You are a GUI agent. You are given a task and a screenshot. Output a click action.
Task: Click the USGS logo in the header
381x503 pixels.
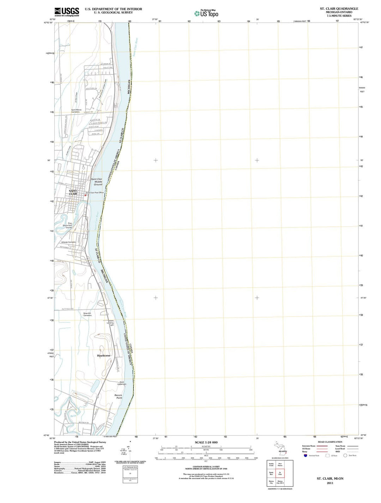click(x=67, y=12)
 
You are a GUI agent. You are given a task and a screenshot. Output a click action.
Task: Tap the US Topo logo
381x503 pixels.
click(x=206, y=13)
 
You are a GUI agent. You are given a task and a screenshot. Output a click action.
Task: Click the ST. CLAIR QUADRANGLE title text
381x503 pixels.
click(x=339, y=8)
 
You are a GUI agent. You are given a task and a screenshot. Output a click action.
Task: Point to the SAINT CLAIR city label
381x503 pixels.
click(x=73, y=192)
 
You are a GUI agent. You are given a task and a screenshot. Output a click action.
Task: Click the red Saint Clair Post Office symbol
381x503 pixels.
click(x=85, y=195)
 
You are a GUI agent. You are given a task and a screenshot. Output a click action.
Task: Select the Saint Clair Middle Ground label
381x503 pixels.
click(x=97, y=182)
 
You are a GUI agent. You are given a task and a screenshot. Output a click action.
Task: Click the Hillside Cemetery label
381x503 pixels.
click(x=68, y=242)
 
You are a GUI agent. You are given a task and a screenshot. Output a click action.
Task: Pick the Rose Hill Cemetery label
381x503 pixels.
click(x=87, y=314)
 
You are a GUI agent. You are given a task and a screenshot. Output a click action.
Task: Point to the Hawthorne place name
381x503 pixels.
click(x=104, y=356)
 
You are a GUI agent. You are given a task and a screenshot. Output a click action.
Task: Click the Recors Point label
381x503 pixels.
click(x=118, y=396)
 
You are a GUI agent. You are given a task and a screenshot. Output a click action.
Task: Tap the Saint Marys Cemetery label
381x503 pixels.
click(x=76, y=111)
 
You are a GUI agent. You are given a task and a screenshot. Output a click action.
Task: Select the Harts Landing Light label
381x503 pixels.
click(x=110, y=323)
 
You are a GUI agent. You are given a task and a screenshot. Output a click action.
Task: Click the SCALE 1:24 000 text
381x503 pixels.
click(x=206, y=442)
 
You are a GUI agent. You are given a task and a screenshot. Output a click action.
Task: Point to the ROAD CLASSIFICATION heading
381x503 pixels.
click(x=330, y=442)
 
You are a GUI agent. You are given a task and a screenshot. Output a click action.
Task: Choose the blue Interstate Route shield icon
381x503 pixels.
click(x=306, y=455)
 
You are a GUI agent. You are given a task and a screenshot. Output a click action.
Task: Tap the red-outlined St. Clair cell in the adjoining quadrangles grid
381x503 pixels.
click(x=280, y=473)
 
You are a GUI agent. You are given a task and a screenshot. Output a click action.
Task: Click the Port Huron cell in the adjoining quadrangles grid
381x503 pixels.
click(x=280, y=465)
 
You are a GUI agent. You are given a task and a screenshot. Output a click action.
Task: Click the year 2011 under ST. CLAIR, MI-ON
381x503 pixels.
click(x=330, y=483)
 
